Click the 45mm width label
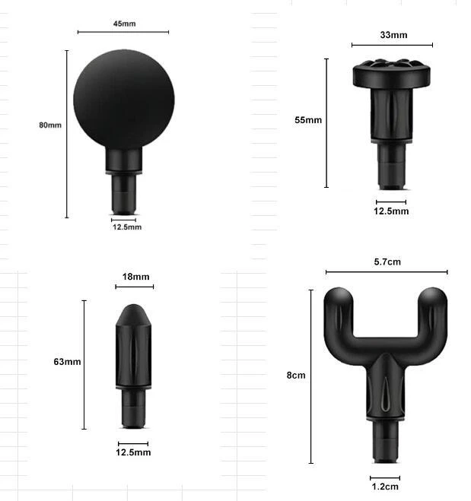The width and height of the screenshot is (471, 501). pos(124,24)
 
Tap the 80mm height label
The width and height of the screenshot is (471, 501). pos(50,125)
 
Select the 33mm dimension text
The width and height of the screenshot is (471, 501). pos(393,35)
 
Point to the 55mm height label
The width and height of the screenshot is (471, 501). pos(308,120)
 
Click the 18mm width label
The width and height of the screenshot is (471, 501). pos(135,277)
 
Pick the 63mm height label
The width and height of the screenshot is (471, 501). pos(67,362)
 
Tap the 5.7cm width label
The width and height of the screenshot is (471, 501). pos(387,262)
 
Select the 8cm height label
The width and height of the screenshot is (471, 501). pos(296,375)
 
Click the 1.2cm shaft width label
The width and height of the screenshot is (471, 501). pos(385,487)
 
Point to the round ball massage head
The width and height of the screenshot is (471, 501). pos(124,99)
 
